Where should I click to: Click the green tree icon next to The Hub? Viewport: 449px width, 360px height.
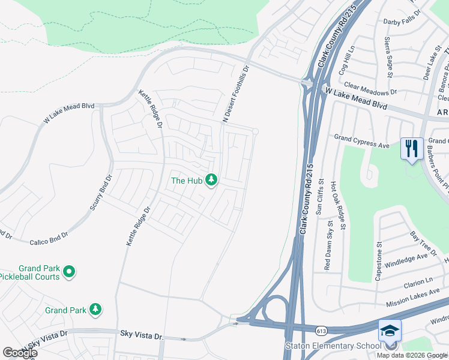(x=211, y=179)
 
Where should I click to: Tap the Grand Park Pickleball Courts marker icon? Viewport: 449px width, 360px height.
(x=69, y=272)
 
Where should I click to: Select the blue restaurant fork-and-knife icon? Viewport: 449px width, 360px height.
(x=411, y=148)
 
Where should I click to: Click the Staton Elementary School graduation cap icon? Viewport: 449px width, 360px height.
(x=389, y=330)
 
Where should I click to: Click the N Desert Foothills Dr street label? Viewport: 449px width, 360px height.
(x=235, y=95)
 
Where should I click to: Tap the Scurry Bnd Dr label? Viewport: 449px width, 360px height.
(x=101, y=193)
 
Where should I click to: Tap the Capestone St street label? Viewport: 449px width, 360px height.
(x=379, y=262)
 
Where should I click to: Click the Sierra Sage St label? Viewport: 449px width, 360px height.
(x=388, y=57)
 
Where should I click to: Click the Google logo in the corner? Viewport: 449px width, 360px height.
(x=19, y=352)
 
